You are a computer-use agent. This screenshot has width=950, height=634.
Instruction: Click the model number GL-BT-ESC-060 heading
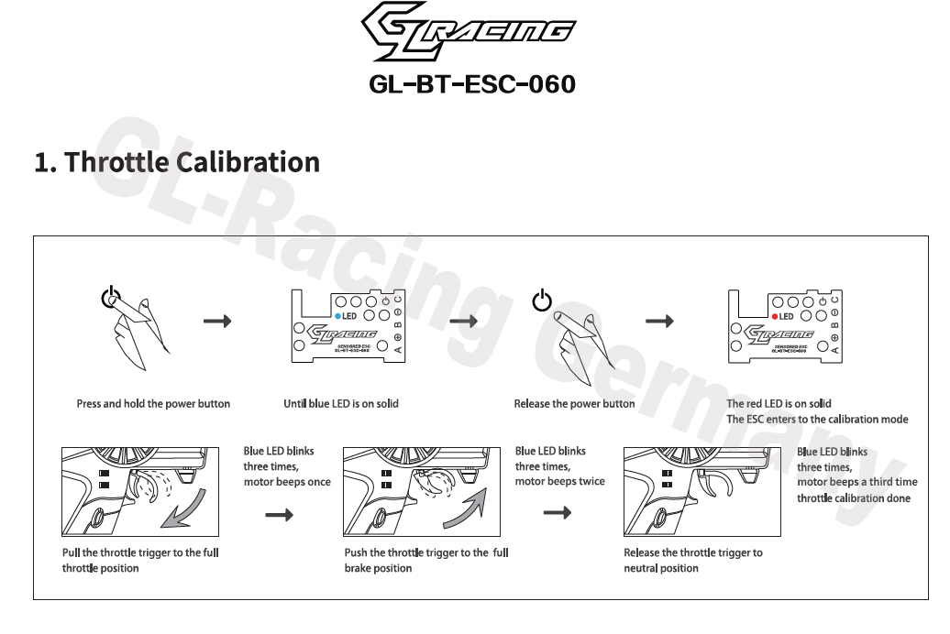pos(472,84)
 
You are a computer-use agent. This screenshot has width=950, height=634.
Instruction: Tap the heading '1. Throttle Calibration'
pos(177,162)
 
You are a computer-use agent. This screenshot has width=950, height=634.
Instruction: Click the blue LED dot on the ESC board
pos(338,316)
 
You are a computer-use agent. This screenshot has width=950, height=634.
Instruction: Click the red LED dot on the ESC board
pos(774,316)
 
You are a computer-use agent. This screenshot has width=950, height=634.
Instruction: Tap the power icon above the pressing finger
pos(109,298)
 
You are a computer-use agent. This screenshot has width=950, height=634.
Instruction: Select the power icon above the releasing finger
pos(543,300)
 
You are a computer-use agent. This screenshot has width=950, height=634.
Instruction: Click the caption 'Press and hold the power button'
pos(153,404)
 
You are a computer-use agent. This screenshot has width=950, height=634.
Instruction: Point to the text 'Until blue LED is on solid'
pos(341,404)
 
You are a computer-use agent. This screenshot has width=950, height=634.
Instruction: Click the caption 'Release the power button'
pos(574,404)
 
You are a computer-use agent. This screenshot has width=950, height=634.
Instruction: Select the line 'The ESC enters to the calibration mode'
pos(817,420)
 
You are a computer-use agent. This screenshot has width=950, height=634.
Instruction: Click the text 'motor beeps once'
pos(287,482)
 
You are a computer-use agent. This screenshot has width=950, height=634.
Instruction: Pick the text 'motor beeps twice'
pos(559,482)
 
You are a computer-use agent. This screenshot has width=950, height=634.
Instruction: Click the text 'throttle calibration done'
pos(854,498)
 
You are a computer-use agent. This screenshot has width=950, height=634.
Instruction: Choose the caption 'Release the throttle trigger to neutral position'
pos(692,561)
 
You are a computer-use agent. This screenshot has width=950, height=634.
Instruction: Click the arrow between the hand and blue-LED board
pos(217,322)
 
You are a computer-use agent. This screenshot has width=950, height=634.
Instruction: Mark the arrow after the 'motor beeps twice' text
pos(557,514)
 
